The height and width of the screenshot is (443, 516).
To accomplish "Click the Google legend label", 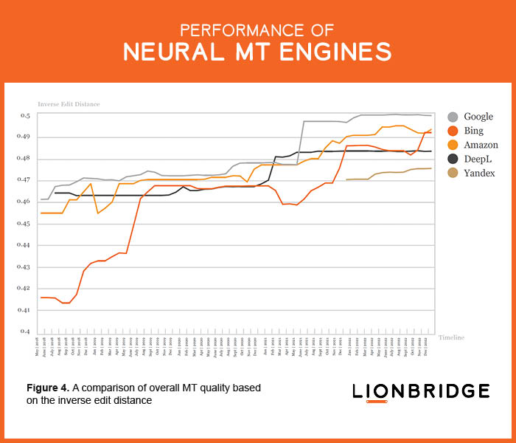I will [x=478, y=117].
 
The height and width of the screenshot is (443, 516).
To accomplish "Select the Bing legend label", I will [x=474, y=131].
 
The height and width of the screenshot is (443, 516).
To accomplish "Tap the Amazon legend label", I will [x=481, y=145].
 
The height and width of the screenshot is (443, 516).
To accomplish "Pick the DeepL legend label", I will [x=478, y=159].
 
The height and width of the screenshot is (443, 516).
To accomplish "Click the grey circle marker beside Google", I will [x=453, y=117].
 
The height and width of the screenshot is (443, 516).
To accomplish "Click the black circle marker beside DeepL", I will [x=453, y=159].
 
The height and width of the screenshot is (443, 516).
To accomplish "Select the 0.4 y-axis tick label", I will [x=24, y=332].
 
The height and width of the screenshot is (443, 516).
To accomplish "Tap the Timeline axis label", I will [x=452, y=337].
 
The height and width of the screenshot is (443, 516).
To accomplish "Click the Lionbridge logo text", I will [x=420, y=391].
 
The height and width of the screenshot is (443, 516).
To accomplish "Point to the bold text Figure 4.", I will [x=48, y=388].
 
